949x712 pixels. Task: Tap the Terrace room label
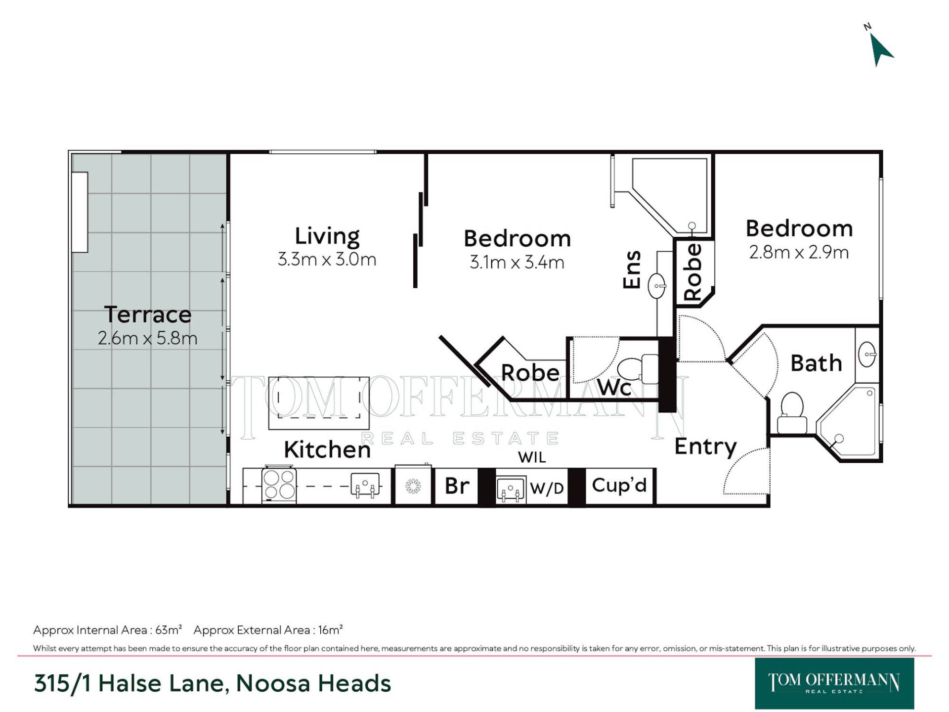coord(148,314)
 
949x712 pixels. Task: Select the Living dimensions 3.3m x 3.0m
coord(327,259)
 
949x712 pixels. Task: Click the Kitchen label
coord(327,449)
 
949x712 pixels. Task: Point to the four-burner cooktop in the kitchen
coord(279,484)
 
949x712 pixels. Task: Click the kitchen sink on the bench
coord(365,485)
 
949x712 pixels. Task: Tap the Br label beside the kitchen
coord(457,486)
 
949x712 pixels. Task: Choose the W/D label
coord(547,489)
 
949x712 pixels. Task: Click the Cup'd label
coord(619,485)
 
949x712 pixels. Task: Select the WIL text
coord(532,457)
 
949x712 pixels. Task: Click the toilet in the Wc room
coord(638,369)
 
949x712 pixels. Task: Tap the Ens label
coord(632,269)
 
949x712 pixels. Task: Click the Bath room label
coord(816,363)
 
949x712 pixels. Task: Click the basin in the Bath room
coord(867,355)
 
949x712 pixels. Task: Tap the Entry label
coord(706,447)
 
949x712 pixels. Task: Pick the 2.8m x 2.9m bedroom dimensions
coord(799,253)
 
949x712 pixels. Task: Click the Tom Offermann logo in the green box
coord(834,683)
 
